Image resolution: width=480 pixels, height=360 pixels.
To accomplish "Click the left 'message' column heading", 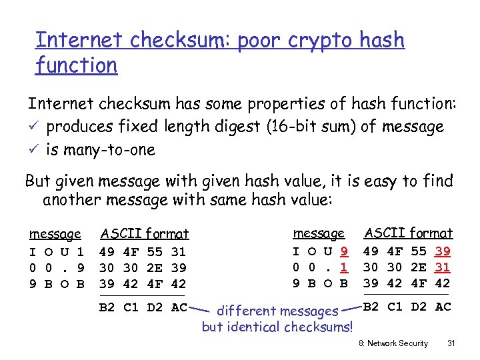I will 55,234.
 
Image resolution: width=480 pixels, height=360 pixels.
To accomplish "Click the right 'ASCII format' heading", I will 408,233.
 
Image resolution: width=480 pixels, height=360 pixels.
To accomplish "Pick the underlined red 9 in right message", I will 343,251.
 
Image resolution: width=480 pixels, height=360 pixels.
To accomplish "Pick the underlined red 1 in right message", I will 343,267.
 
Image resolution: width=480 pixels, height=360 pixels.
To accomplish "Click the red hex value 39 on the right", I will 443,251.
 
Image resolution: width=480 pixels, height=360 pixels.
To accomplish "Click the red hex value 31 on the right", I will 443,267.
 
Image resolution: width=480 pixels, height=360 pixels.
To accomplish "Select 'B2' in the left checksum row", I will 107,307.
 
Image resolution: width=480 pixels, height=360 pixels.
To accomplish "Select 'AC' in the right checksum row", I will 443,307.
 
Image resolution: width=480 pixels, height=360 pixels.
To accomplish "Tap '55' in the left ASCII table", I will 155,252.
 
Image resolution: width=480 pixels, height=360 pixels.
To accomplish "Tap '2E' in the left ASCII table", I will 155,267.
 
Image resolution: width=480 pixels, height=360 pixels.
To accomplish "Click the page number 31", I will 451,343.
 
